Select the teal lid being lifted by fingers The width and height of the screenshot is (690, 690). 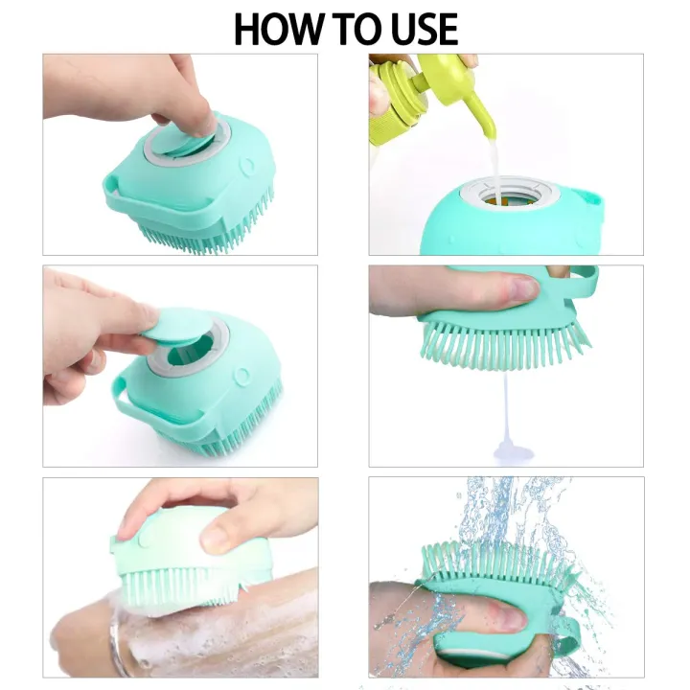coord(183,326)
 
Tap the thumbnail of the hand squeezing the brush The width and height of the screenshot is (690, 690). coord(522,288)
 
